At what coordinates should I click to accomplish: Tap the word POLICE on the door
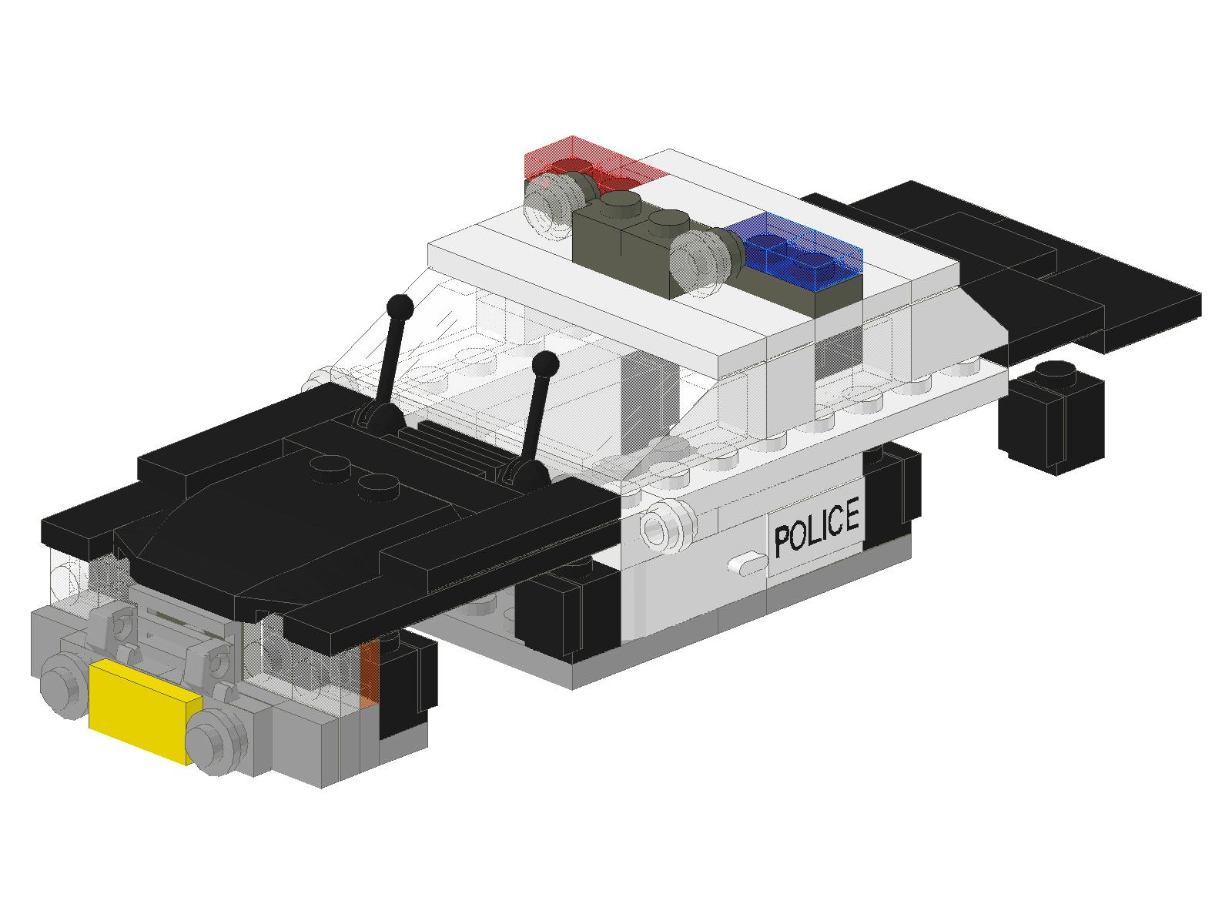(817, 528)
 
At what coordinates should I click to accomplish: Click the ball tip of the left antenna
(400, 306)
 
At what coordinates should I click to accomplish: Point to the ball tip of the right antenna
(544, 363)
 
